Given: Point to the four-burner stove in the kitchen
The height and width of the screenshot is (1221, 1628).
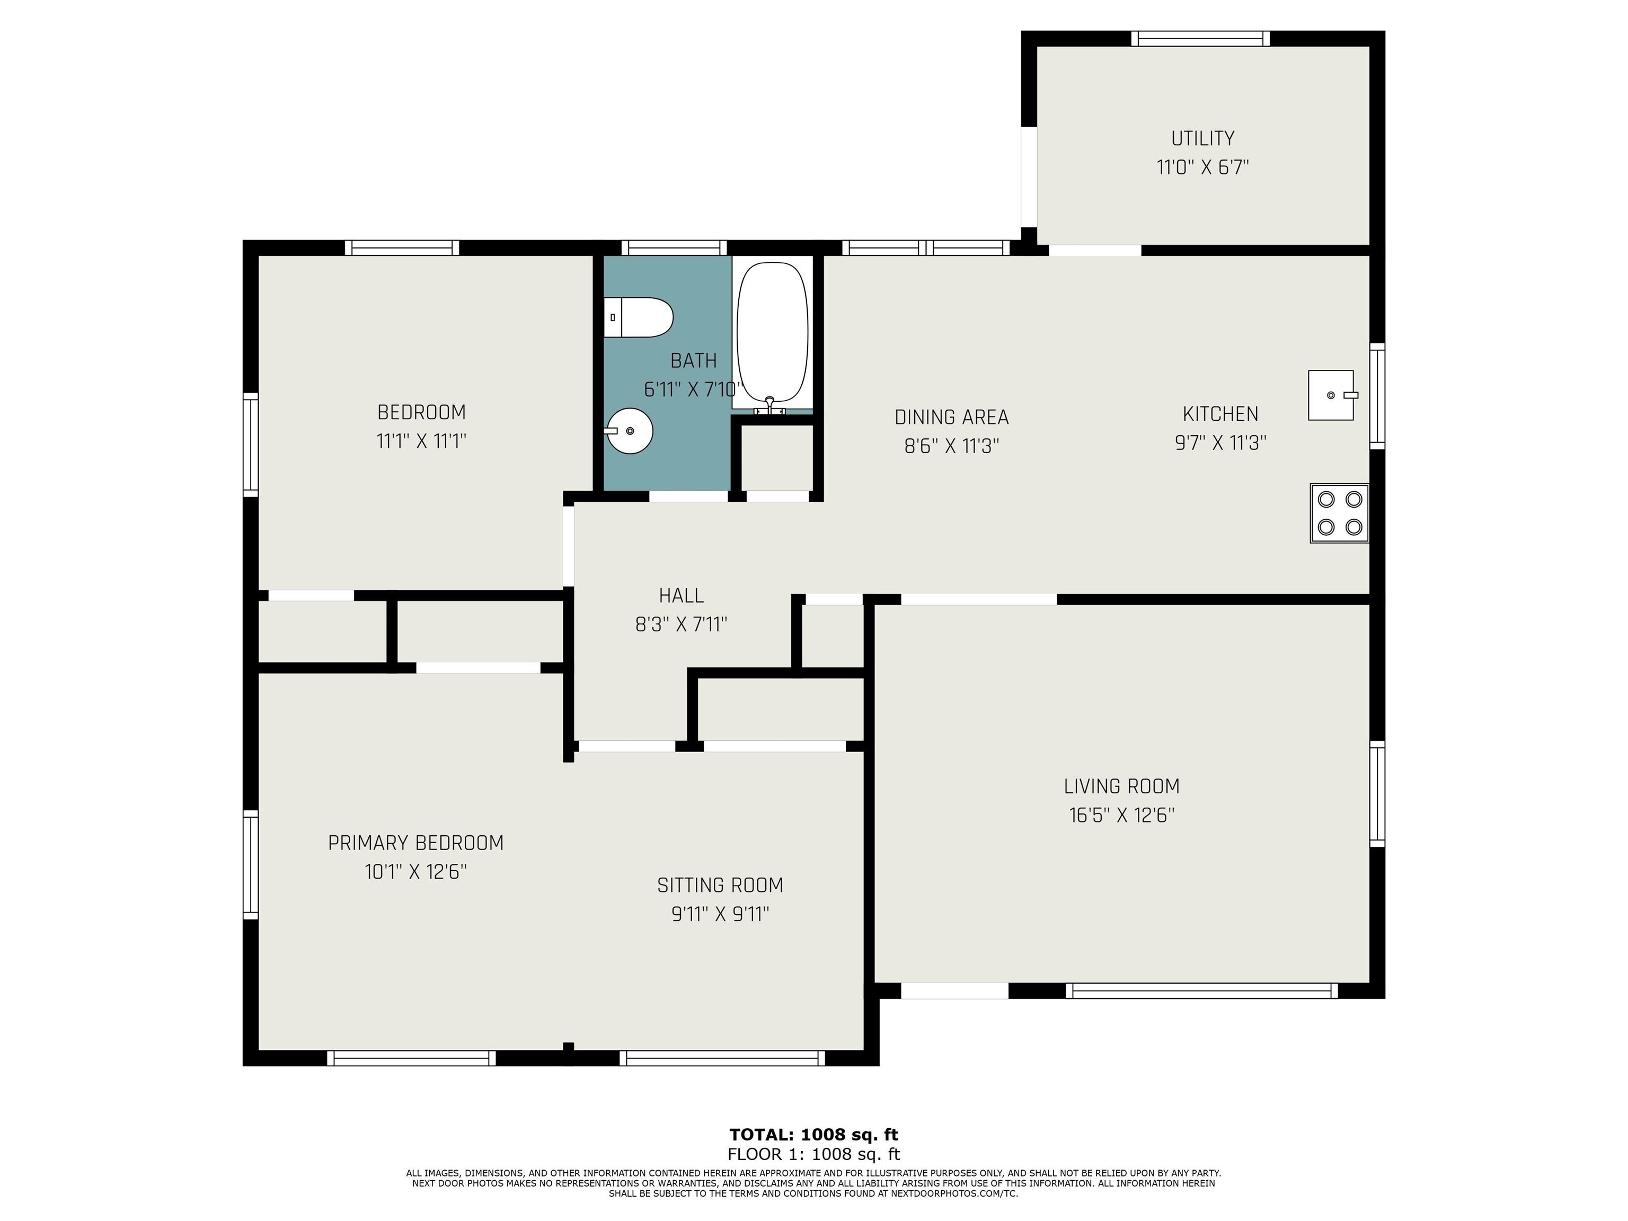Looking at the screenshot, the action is coord(1340,513).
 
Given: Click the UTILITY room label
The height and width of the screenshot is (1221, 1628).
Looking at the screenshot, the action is coord(1202,138).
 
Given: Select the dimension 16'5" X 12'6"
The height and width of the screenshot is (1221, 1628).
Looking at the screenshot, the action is coord(1122,816).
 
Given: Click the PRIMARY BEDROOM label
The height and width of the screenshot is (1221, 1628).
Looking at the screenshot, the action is coord(416,843).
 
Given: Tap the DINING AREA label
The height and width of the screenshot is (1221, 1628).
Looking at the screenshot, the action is coord(952,417).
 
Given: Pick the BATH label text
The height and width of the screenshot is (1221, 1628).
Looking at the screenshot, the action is coord(693,361).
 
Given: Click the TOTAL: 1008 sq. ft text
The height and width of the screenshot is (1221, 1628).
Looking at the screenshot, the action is coord(813,1135).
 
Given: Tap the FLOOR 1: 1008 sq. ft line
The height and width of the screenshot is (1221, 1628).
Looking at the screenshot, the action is coord(813,1154).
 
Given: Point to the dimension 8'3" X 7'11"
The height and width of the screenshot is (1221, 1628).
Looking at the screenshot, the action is coord(681,624).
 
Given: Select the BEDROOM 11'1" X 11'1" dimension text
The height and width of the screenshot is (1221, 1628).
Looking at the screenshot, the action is coord(422,441).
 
